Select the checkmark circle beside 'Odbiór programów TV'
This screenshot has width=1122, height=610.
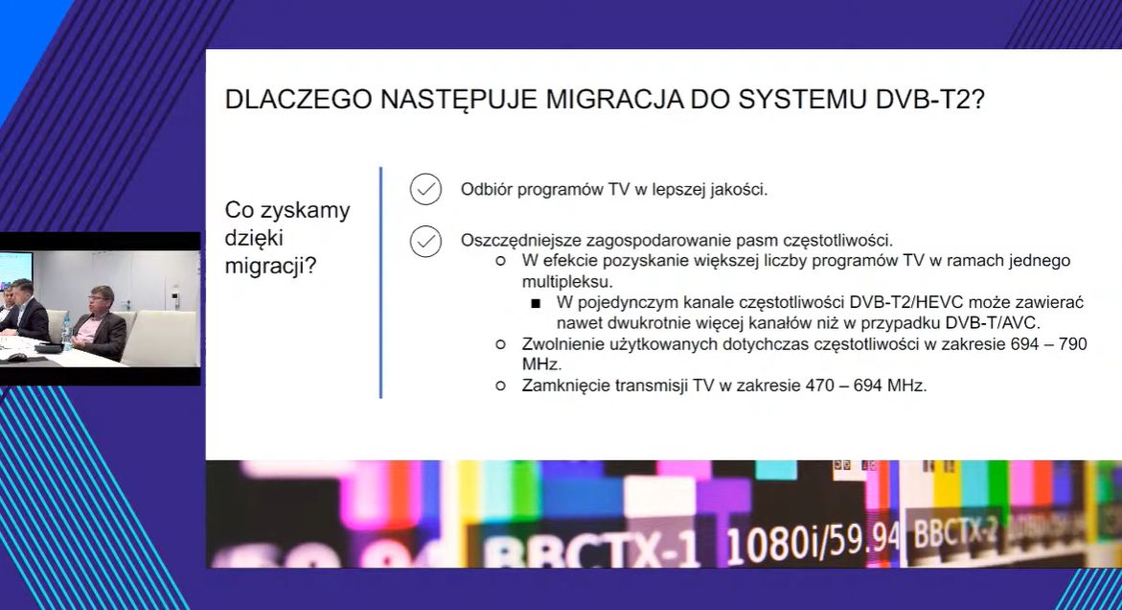coord(425,189)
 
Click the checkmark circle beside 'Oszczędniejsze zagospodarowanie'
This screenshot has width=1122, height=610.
coord(425,241)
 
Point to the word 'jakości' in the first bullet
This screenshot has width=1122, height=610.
coord(738,190)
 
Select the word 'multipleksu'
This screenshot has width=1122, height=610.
coord(566,282)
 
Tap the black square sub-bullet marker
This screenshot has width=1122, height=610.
coord(536,303)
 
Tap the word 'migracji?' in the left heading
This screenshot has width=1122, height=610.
coord(270,267)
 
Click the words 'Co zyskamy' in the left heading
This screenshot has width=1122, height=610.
coord(287,210)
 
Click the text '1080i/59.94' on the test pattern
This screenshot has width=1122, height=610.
coord(813,544)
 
